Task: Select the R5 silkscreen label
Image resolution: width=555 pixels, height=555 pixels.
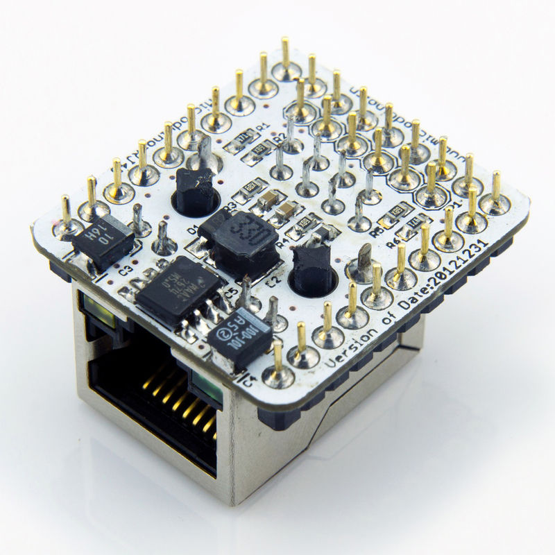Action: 376,233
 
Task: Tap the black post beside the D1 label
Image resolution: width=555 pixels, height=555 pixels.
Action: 194,191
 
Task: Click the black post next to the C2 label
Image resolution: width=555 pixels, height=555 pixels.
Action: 312,267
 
